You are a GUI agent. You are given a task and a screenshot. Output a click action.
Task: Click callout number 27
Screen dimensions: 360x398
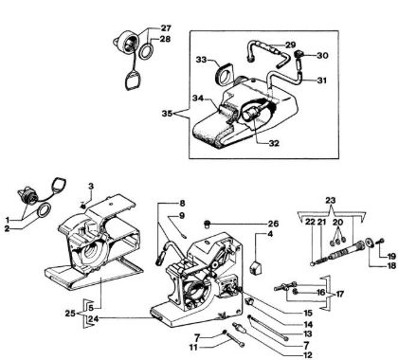[164, 27]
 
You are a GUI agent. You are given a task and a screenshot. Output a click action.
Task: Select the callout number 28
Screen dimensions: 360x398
[164, 39]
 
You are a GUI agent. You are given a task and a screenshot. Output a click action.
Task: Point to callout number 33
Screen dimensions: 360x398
[202, 60]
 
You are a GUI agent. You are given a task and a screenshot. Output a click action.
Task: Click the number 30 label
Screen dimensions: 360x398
[323, 55]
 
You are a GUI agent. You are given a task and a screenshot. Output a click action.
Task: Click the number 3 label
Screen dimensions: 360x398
[91, 183]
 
